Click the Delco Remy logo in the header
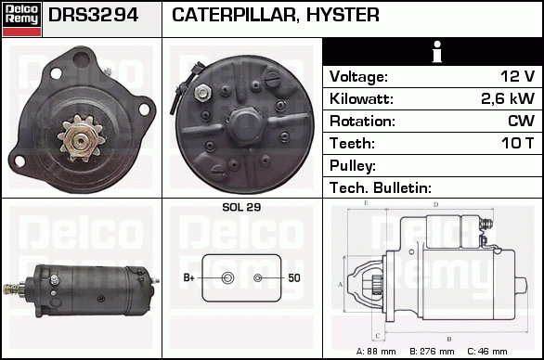pos(22,19)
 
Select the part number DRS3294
pos(94,15)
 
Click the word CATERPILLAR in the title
pos(234,15)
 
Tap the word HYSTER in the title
pos(343,15)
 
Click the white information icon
pos(437,52)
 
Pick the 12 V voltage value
pos(517,76)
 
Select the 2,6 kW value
pos(508,99)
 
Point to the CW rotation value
pos(521,121)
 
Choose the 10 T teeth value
pos(518,143)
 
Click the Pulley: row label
pos(353,166)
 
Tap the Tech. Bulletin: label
pos(381,188)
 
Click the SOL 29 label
pos(241,207)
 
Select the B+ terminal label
pos(188,277)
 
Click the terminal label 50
pos(294,277)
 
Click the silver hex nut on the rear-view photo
pos(201,93)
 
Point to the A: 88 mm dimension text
pos(376,352)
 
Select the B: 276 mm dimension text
pos(432,352)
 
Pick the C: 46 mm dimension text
pos(487,352)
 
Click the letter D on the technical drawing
pos(436,205)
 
